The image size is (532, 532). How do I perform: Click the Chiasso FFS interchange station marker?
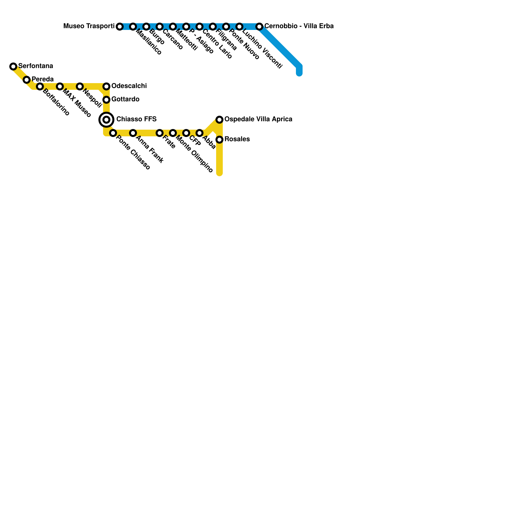106,120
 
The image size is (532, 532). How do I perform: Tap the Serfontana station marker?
13,66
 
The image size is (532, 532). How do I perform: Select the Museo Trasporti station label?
89,26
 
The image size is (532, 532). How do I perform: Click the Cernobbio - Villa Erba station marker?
259,27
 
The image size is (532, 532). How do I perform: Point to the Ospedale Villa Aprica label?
258,119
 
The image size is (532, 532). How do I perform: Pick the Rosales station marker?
219,140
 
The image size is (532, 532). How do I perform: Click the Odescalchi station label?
129,86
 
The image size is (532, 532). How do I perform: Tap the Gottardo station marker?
106,100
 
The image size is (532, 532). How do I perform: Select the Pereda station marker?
27,80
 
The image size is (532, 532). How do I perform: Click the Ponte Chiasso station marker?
113,133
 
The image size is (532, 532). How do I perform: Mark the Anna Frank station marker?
133,133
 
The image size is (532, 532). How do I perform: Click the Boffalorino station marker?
40,86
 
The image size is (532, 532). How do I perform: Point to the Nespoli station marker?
80,86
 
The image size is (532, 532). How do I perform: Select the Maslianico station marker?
133,27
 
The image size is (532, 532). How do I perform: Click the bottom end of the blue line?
299,73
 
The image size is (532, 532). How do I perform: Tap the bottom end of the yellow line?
219,173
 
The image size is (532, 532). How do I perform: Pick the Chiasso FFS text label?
136,119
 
